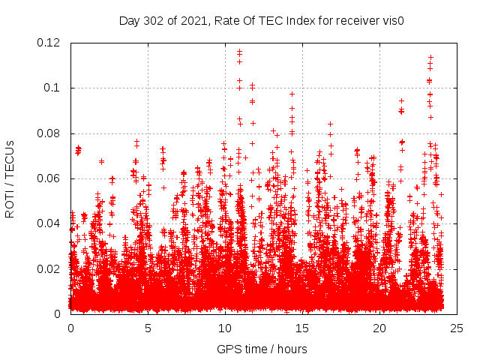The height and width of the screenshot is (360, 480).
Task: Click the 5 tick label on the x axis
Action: pyautogui.click(x=148, y=328)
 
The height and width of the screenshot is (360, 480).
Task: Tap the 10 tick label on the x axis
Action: pyautogui.click(x=225, y=328)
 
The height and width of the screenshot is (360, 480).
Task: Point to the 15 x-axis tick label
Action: pyautogui.click(x=302, y=328)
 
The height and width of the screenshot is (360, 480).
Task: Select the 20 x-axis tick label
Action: pyautogui.click(x=379, y=328)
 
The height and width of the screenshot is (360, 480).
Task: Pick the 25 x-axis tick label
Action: pyautogui.click(x=457, y=328)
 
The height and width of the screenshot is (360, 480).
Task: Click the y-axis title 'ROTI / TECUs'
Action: pyautogui.click(x=10, y=178)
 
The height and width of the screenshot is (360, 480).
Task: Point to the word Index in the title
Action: pyautogui.click(x=293, y=20)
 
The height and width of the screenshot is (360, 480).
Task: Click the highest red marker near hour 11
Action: pyautogui.click(x=239, y=52)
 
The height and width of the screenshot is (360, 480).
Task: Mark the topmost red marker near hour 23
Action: pyautogui.click(x=430, y=57)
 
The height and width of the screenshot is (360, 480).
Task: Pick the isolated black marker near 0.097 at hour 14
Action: pyautogui.click(x=292, y=94)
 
